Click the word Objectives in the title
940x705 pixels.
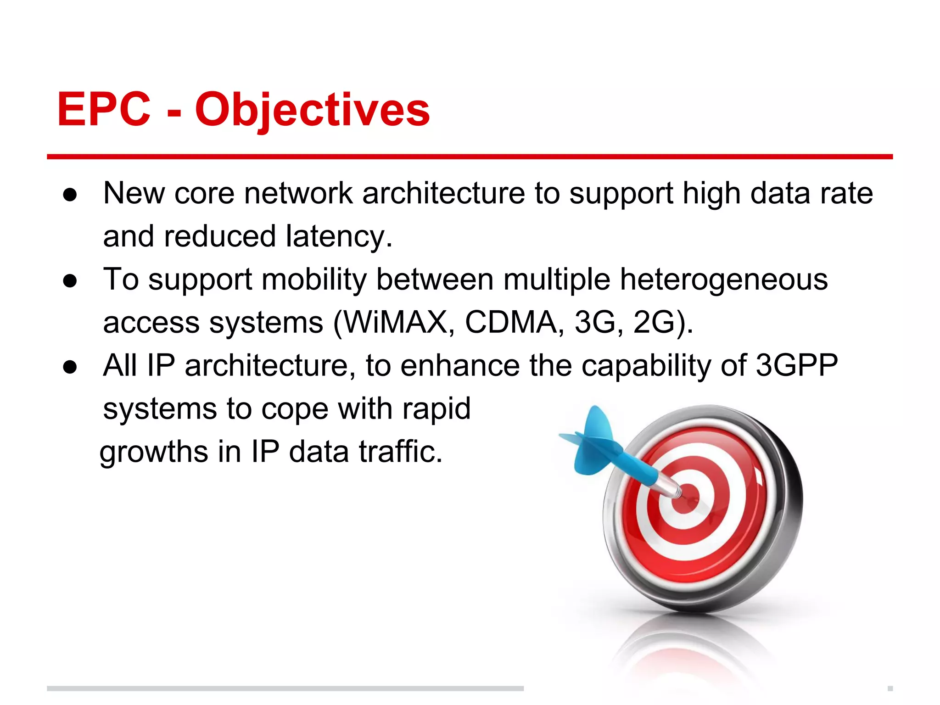pos(313,110)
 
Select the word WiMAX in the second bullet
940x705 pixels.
pos(396,322)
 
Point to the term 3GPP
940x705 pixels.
pos(797,365)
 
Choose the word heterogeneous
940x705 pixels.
pos(724,280)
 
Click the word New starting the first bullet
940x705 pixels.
pos(134,193)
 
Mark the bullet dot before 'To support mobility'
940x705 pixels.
pos(70,280)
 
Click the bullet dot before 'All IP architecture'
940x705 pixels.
pos(70,367)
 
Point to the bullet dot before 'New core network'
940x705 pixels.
pos(70,195)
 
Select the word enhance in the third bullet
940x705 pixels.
pos(461,365)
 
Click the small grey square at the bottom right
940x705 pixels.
pos(890,688)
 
